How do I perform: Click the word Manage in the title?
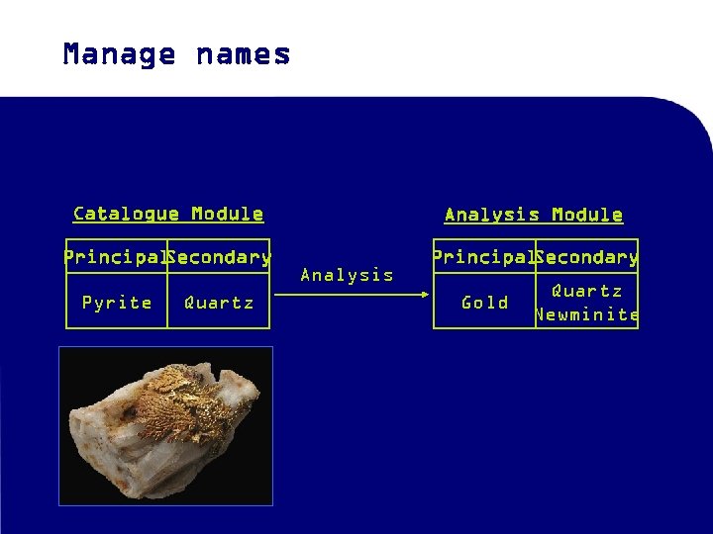pos(119,54)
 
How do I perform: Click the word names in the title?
pos(244,54)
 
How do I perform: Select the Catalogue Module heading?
pos(168,214)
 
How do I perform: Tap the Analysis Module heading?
pos(534,215)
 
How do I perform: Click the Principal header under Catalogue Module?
pos(114,257)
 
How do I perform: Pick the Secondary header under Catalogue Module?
pos(220,257)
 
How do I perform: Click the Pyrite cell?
pos(117,303)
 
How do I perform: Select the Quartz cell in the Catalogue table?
pos(219,303)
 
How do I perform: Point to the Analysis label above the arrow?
pos(347,275)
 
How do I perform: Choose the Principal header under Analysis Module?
pos(482,257)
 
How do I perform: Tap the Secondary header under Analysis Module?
pos(587,257)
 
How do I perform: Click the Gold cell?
pos(485,303)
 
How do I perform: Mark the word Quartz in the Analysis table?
pos(586,291)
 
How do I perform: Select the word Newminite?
pos(587,315)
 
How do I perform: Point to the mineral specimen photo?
pos(165,425)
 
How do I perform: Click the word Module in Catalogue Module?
pos(227,214)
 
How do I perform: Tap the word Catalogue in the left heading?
pos(126,214)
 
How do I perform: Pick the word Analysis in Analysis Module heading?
pos(492,215)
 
